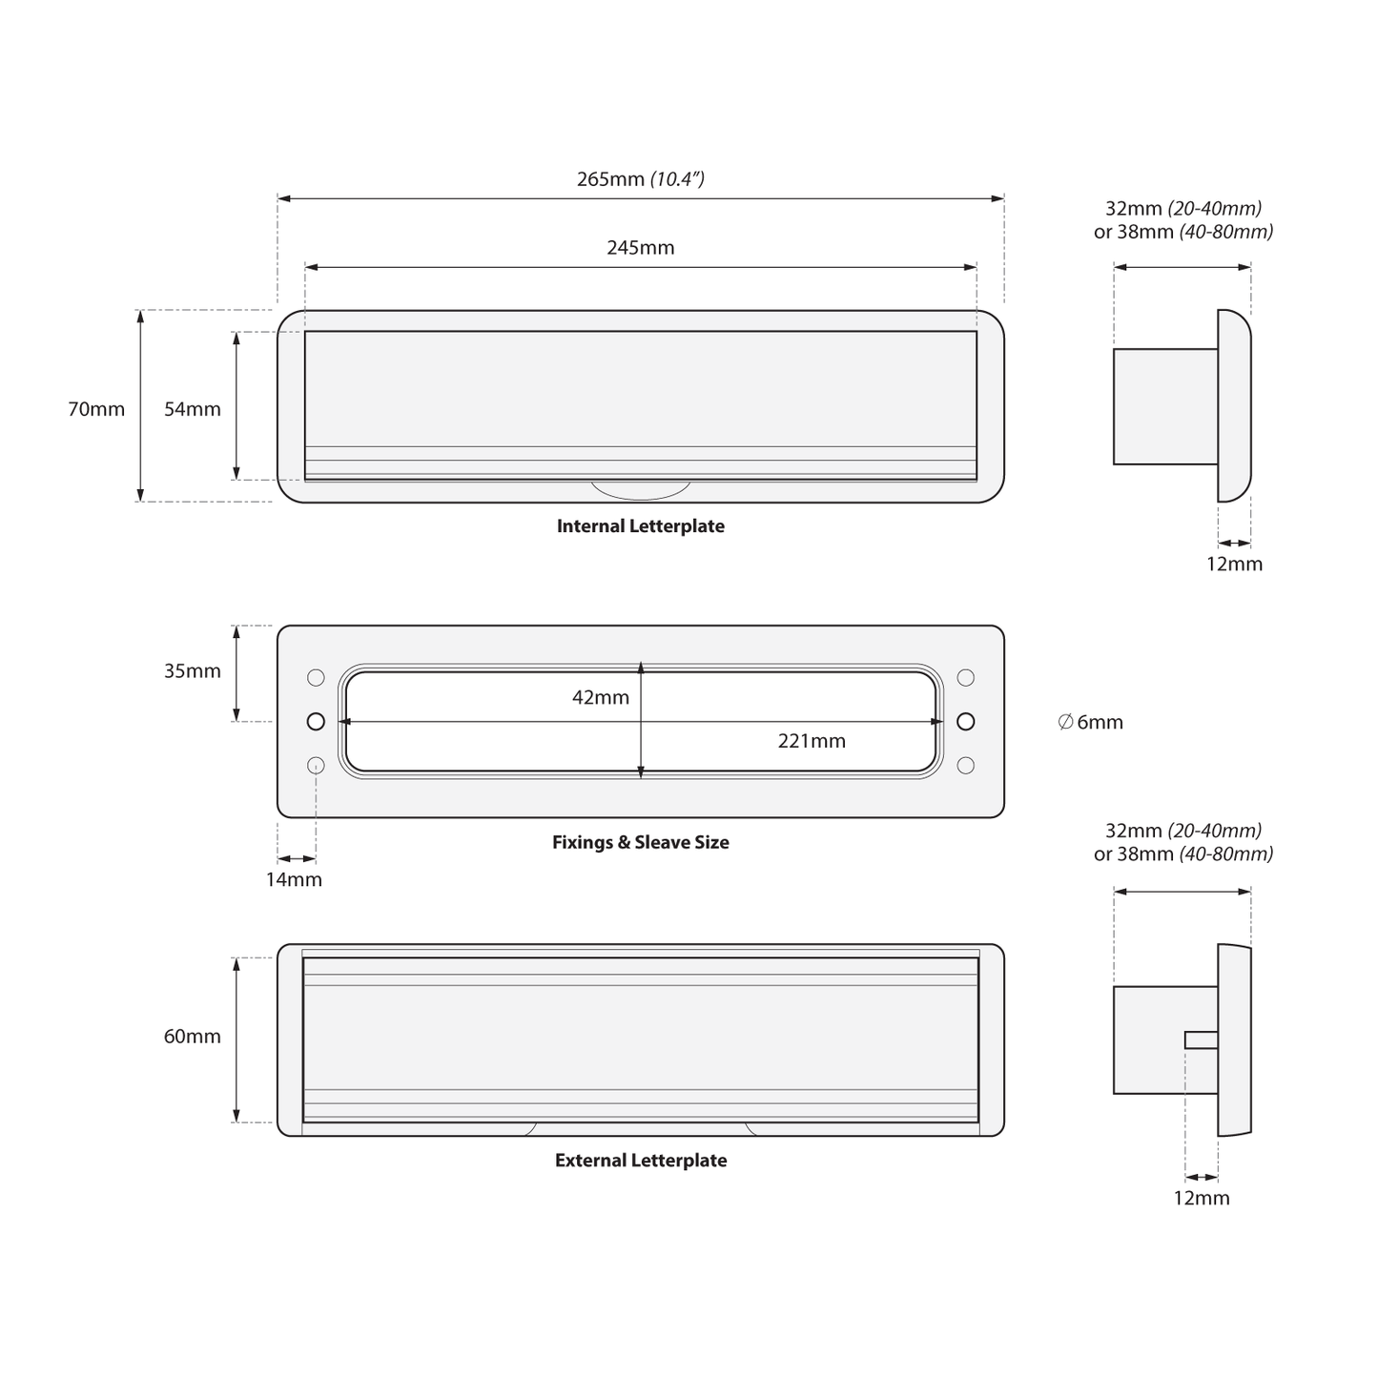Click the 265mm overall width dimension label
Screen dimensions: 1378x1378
coord(641,178)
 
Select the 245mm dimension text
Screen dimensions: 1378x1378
coord(641,247)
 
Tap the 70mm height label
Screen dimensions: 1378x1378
coord(96,409)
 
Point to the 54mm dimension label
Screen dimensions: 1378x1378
coord(193,409)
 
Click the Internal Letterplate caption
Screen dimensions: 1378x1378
coord(641,526)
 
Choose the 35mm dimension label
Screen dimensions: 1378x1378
coord(193,670)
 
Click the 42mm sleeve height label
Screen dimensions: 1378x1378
coord(601,697)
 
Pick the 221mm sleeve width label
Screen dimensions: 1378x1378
coord(812,741)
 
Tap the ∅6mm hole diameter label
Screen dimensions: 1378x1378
coord(1091,722)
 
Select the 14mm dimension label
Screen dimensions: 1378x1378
coord(294,879)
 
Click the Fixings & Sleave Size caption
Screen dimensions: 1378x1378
coord(641,842)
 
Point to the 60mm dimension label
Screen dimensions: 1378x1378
coord(193,1037)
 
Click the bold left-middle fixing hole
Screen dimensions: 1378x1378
coord(316,722)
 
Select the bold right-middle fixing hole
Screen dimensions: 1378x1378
coord(965,722)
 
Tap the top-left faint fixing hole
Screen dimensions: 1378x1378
coord(316,677)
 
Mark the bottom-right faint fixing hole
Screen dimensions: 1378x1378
coord(965,766)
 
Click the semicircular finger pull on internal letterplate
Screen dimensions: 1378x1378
coord(641,490)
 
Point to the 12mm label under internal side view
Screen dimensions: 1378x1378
coord(1234,565)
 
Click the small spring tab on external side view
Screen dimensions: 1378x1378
coord(1202,1039)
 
